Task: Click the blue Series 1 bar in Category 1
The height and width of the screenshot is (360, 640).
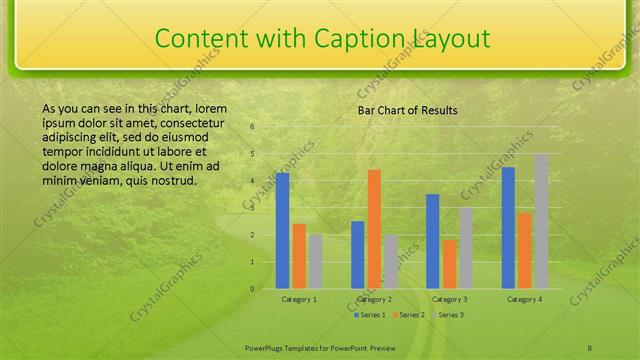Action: (283, 231)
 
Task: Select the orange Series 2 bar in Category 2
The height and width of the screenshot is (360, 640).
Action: (374, 229)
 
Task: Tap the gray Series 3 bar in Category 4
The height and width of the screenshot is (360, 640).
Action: (541, 221)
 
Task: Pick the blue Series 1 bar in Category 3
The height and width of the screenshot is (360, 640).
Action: (433, 241)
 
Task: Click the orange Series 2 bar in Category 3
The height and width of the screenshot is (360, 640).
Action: (449, 264)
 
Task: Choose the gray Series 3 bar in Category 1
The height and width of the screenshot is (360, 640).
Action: (316, 261)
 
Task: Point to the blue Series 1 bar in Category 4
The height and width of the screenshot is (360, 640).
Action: (508, 228)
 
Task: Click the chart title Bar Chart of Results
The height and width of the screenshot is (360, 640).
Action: (408, 110)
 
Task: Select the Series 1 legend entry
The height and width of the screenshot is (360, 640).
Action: (370, 315)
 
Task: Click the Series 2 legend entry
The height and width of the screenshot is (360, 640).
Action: (410, 315)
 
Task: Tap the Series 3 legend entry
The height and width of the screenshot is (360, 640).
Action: (450, 315)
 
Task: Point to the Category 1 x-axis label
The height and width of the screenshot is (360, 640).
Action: (299, 299)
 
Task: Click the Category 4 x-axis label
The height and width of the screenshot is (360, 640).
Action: (524, 299)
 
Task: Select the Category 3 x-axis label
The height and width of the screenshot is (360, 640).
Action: (449, 299)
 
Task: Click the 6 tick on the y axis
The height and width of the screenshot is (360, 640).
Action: (252, 127)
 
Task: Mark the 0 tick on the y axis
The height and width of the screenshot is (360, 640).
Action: (252, 289)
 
